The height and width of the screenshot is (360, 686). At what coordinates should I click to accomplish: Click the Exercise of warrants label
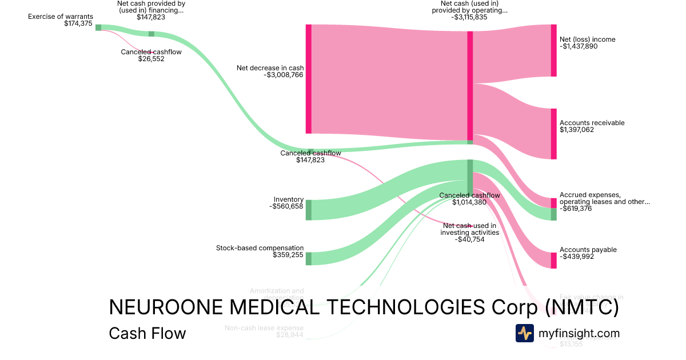point(60,17)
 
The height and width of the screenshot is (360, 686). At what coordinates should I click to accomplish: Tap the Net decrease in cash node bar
point(308,79)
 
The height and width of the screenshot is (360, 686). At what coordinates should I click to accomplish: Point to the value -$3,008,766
point(284,75)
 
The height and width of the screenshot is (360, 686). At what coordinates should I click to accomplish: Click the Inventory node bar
point(308,210)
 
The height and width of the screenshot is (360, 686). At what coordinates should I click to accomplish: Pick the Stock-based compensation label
point(260,248)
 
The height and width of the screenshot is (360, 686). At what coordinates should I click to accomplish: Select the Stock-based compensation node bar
point(308,258)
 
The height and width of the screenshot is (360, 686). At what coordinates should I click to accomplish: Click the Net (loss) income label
point(587,39)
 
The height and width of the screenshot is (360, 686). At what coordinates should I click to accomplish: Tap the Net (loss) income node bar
point(553,50)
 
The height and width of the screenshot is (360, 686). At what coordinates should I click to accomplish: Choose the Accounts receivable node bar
point(553,134)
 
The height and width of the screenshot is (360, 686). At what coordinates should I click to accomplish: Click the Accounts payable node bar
point(553,261)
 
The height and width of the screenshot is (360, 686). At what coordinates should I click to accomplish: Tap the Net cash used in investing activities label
point(469,229)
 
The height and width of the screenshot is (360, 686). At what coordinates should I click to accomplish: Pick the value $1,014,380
point(469,202)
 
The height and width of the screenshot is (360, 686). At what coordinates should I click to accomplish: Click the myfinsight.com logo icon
point(524,333)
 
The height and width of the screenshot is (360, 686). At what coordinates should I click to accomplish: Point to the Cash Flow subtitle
point(147,333)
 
